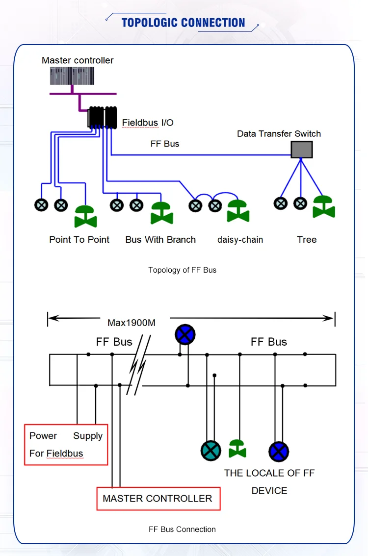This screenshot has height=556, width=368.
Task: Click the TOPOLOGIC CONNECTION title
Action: click(183, 23)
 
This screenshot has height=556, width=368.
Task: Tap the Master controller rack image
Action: click(72, 76)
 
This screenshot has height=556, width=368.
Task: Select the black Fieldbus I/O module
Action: click(102, 117)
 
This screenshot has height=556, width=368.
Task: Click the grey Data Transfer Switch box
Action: click(301, 149)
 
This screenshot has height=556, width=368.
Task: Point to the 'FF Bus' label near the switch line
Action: click(164, 144)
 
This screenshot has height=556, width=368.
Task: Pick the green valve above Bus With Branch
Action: click(161, 213)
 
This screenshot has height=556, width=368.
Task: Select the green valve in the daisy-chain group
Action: click(238, 211)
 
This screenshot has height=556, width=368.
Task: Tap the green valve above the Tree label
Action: click(323, 206)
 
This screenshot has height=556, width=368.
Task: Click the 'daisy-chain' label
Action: click(240, 240)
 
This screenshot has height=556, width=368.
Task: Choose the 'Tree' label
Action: click(307, 240)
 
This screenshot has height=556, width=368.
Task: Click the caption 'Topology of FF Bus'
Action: click(182, 270)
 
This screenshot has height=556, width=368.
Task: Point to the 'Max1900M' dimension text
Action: click(131, 323)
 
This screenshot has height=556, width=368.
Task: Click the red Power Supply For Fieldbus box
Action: click(66, 444)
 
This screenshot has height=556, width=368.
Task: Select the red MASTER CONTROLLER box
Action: click(158, 498)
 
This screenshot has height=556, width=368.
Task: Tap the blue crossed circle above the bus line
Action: click(185, 335)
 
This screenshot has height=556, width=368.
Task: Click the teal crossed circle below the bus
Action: click(211, 451)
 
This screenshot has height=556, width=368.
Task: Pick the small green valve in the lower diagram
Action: click(237, 448)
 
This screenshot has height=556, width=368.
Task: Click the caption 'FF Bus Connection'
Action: click(182, 529)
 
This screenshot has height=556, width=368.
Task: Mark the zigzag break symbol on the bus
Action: click(138, 365)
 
